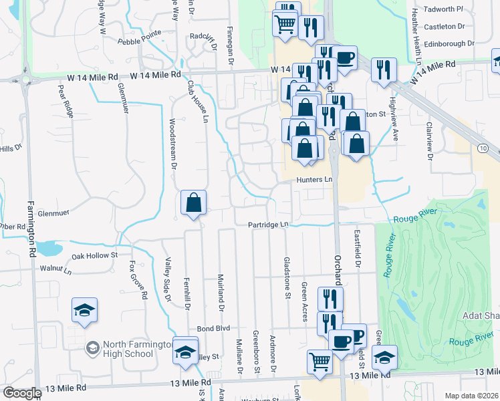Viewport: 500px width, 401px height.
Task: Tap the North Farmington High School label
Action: pyautogui.click(x=137, y=349)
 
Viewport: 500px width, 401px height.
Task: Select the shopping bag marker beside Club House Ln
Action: pyautogui.click(x=193, y=203)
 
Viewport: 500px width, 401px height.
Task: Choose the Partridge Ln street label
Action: pyautogui.click(x=268, y=225)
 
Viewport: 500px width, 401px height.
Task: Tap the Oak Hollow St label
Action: pyautogui.click(x=94, y=255)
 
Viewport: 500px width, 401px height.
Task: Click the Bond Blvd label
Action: pyautogui.click(x=213, y=329)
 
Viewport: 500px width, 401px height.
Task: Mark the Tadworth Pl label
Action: pyautogui.click(x=446, y=9)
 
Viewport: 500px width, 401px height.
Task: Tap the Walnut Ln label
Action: pyautogui.click(x=55, y=270)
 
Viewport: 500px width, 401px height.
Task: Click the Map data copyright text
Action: pyautogui.click(x=471, y=396)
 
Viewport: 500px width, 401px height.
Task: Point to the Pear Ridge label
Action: pyautogui.click(x=65, y=100)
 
